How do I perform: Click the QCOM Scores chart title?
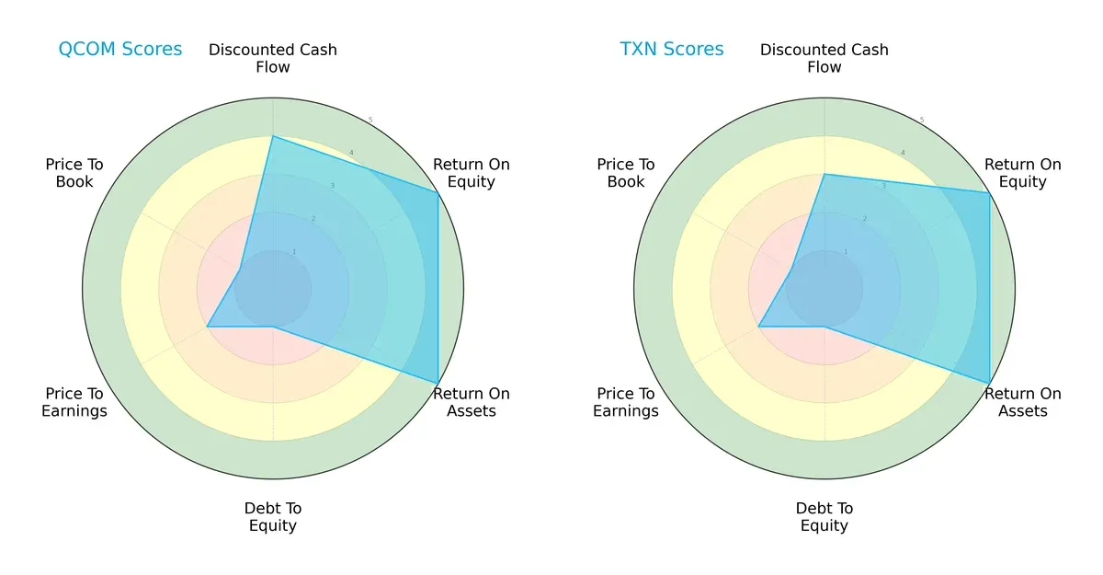click(x=119, y=50)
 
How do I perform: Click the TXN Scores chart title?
click(x=671, y=50)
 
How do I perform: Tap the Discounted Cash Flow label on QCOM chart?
click(x=273, y=58)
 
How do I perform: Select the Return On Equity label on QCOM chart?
click(x=471, y=173)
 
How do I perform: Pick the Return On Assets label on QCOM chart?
click(x=471, y=402)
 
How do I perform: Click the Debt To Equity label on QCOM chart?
click(x=273, y=517)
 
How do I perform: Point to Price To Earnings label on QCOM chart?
click(x=74, y=402)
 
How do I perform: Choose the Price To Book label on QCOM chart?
click(x=74, y=173)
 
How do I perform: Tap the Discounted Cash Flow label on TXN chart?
click(x=824, y=58)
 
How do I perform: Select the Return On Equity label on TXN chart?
click(x=1022, y=173)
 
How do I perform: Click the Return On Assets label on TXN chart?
click(x=1022, y=402)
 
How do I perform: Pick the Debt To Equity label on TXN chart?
click(x=824, y=517)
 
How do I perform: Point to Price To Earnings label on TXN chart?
click(x=626, y=402)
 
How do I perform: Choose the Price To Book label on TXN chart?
click(x=626, y=173)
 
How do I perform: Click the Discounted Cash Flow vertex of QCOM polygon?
click(x=273, y=136)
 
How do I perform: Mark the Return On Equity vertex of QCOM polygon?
click(x=438, y=192)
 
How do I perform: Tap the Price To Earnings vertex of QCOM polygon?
click(x=207, y=327)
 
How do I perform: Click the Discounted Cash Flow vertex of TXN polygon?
click(x=824, y=174)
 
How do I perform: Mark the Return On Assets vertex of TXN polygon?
click(x=989, y=383)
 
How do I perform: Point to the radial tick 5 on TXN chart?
click(x=922, y=121)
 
